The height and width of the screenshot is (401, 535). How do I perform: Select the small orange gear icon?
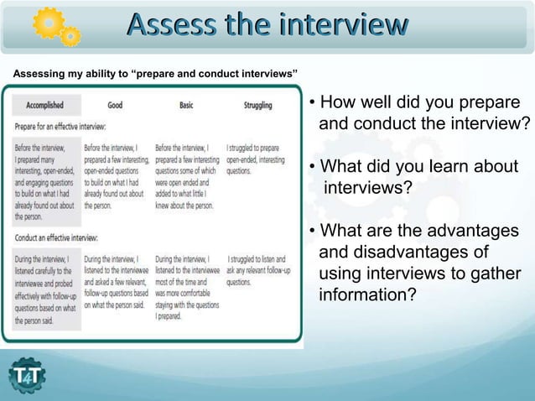click(x=72, y=36)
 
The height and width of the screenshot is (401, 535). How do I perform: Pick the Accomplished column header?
click(x=45, y=106)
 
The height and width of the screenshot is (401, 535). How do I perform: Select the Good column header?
click(x=115, y=106)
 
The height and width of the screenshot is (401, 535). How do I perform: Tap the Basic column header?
click(x=186, y=106)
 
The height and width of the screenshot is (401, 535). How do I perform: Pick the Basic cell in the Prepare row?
click(x=187, y=175)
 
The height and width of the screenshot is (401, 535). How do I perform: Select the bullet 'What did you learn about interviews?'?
click(x=413, y=176)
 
